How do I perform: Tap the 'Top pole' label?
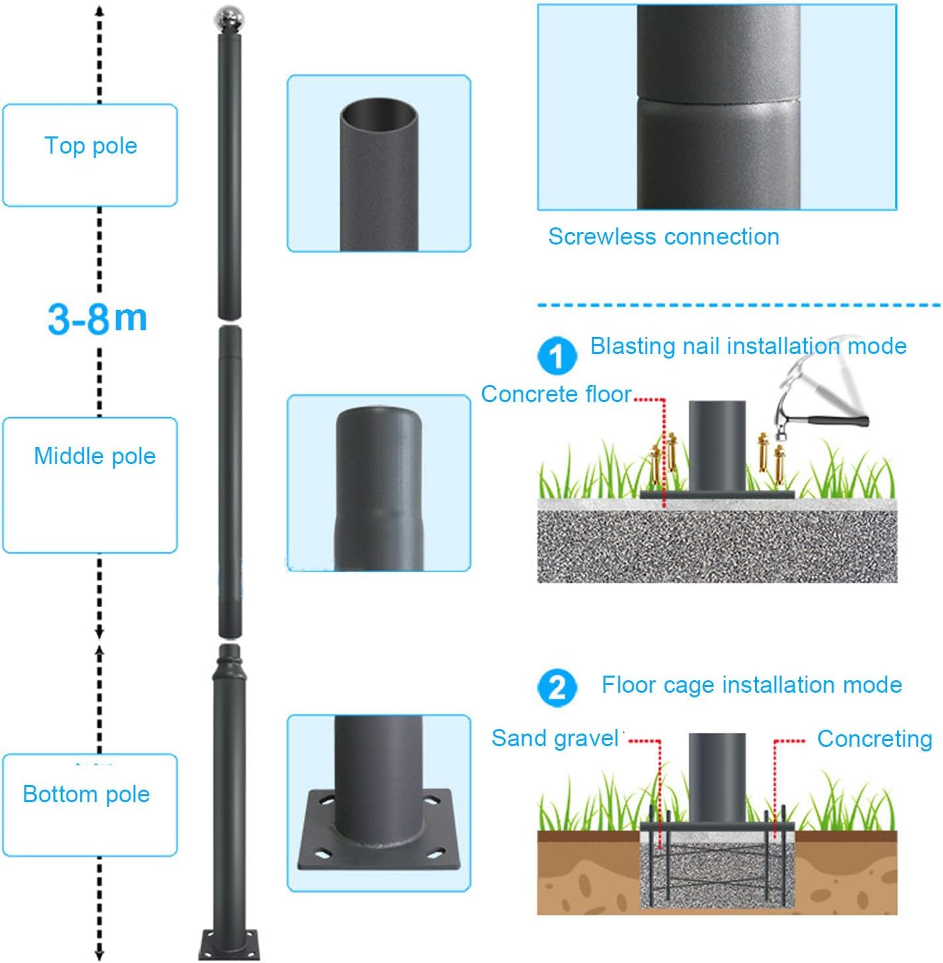click(91, 146)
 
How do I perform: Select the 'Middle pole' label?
click(94, 456)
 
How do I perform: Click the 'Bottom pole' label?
click(86, 794)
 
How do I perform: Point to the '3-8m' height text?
click(98, 318)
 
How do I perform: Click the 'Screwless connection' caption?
click(663, 237)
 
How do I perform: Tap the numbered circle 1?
click(557, 356)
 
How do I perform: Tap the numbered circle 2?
click(557, 687)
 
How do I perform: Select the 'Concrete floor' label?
click(556, 394)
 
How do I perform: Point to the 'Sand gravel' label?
click(555, 738)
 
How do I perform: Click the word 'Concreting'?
click(874, 739)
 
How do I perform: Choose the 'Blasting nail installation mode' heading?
click(748, 346)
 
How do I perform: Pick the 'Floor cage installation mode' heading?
click(751, 685)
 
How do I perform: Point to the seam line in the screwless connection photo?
click(718, 100)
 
